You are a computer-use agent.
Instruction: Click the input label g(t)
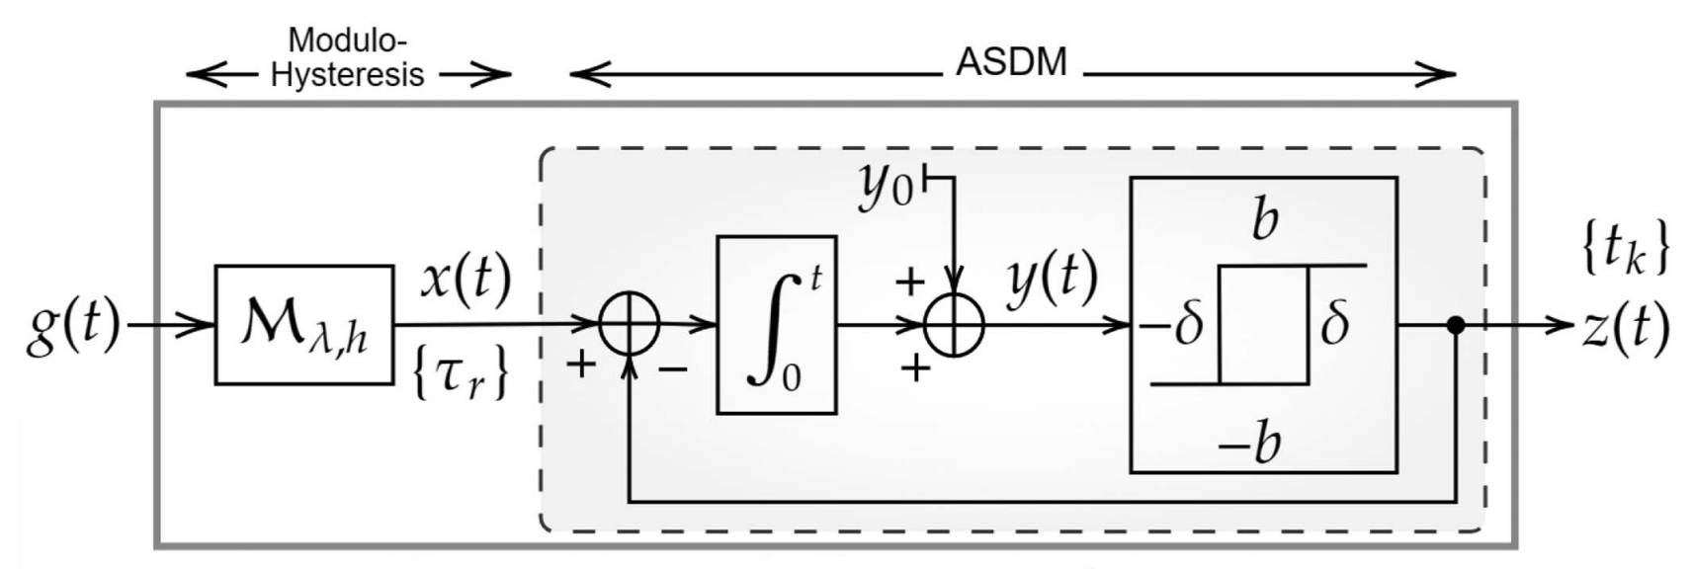click(x=72, y=326)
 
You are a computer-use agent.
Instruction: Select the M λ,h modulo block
click(x=303, y=325)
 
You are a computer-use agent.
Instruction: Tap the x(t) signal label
click(x=466, y=279)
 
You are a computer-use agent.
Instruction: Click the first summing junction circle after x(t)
click(x=630, y=324)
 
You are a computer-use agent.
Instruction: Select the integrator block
click(x=776, y=325)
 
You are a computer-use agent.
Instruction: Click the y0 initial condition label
click(x=886, y=185)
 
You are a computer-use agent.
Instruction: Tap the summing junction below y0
click(x=954, y=324)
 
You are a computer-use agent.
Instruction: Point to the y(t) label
click(x=1052, y=280)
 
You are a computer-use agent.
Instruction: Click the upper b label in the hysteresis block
click(x=1264, y=218)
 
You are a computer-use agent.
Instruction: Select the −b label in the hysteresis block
click(x=1249, y=442)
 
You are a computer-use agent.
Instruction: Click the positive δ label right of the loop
click(x=1334, y=323)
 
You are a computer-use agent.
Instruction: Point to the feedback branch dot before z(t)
click(x=1455, y=324)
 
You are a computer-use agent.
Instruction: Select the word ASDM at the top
click(x=1011, y=62)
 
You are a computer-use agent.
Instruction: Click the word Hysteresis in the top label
click(x=347, y=75)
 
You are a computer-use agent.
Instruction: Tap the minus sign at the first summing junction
click(x=673, y=368)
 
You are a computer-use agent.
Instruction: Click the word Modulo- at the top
click(x=347, y=41)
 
